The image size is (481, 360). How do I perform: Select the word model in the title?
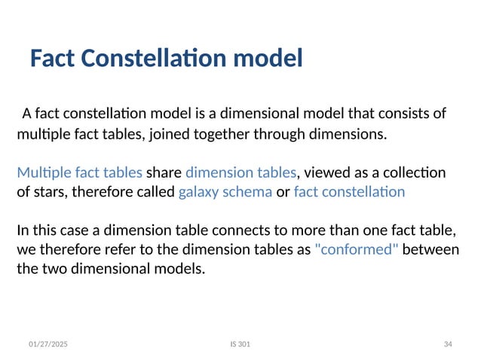274,58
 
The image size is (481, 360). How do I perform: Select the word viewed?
326,172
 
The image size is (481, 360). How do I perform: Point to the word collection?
414,172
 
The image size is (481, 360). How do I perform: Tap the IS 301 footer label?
240,344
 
